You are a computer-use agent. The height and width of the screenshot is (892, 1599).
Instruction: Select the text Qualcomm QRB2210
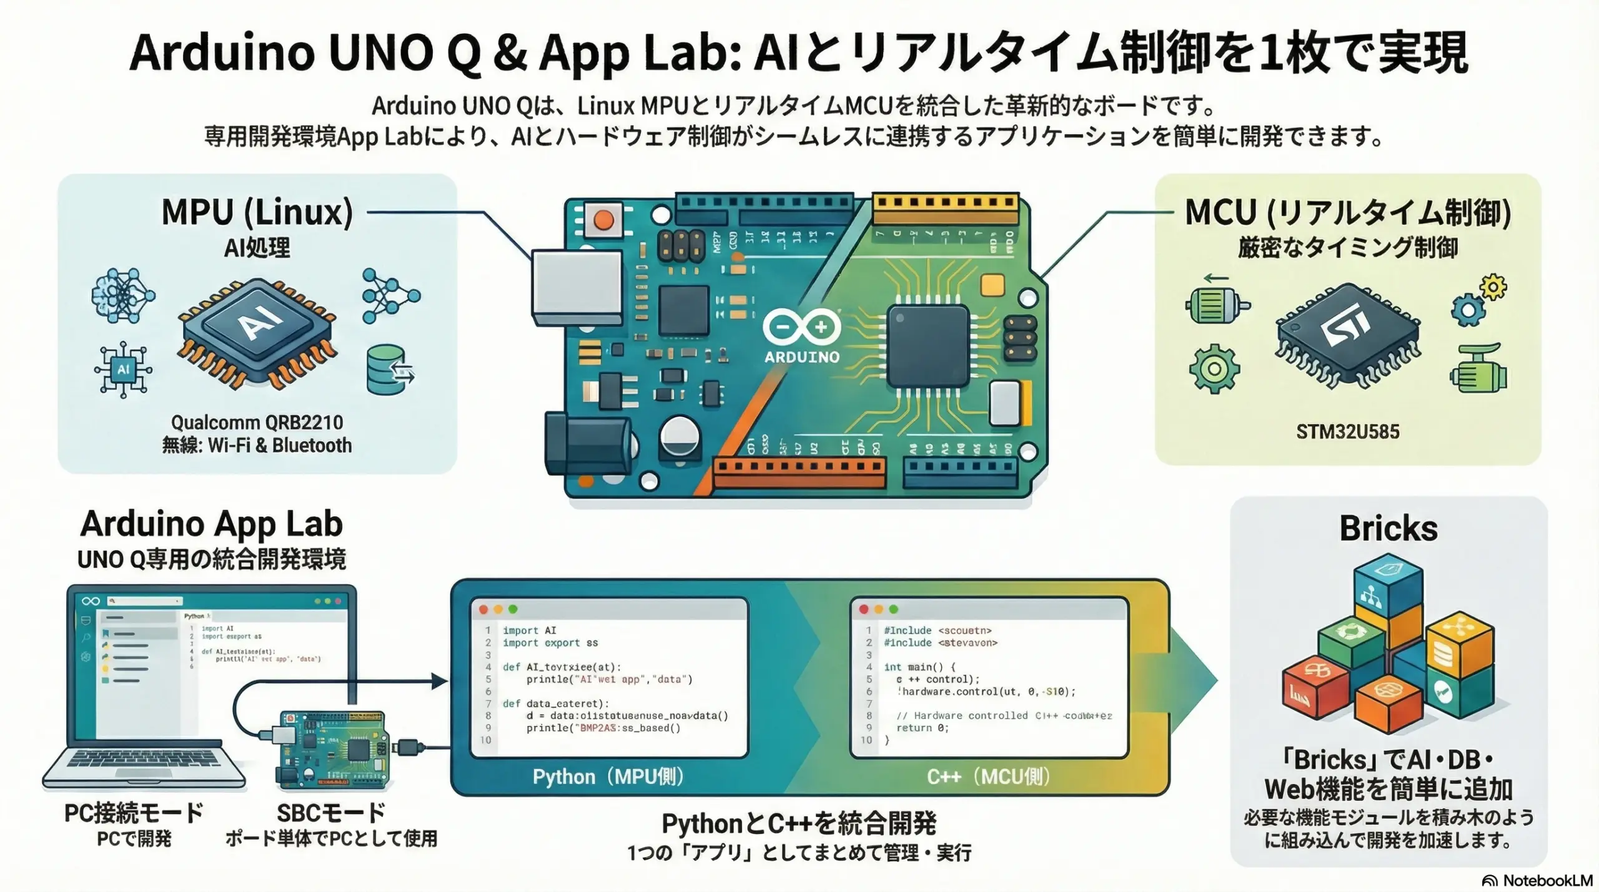pyautogui.click(x=257, y=423)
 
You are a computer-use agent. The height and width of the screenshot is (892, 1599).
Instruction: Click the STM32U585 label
pyautogui.click(x=1347, y=432)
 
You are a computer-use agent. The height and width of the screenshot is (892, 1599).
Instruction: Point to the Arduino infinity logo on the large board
pyautogui.click(x=802, y=327)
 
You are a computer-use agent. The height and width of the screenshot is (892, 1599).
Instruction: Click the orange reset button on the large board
pyautogui.click(x=603, y=220)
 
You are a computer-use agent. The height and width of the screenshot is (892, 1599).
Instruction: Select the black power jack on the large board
pyautogui.click(x=587, y=443)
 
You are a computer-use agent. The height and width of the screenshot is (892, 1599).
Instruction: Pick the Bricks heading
pyautogui.click(x=1388, y=529)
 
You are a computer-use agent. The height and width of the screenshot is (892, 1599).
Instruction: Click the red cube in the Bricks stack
pyautogui.click(x=1314, y=689)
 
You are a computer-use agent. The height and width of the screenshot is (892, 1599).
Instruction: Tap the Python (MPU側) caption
pyautogui.click(x=608, y=777)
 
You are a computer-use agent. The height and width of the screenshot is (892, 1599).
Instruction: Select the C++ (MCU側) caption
pyautogui.click(x=988, y=777)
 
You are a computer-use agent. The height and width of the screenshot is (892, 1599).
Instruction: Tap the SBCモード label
pyautogui.click(x=331, y=813)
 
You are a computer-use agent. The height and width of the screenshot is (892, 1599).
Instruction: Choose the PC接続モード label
pyautogui.click(x=134, y=813)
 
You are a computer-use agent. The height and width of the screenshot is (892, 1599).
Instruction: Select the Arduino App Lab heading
pyautogui.click(x=211, y=524)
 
